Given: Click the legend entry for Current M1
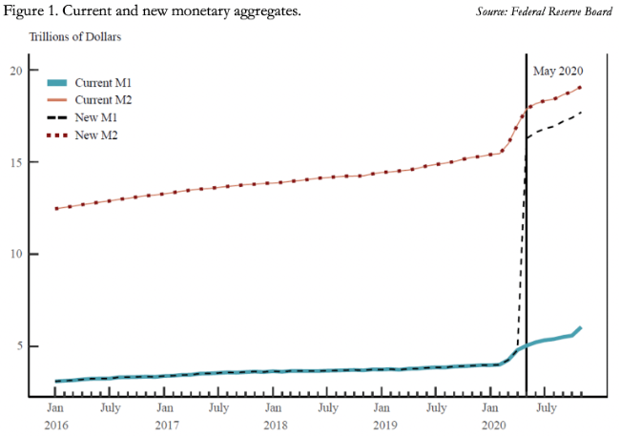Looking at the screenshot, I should pos(93,83).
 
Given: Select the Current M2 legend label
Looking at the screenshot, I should pos(93,100).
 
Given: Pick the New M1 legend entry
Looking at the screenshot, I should pos(87,117).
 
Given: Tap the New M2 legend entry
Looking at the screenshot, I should pos(87,135).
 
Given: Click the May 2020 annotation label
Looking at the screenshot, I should pos(557,71).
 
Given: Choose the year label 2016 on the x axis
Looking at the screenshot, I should pos(56,424).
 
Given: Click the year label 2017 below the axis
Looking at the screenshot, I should pos(166,424).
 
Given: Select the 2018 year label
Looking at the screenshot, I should pos(275,424).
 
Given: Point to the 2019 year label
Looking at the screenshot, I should pos(384,424).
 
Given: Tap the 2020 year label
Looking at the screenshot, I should pos(493,424).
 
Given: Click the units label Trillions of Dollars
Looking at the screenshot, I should pos(75,37).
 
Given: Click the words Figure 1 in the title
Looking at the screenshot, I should pos(35,11).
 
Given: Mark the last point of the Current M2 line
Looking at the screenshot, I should pos(580,88).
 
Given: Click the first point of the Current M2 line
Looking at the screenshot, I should pos(56,208).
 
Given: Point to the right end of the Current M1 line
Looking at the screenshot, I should pos(580,328).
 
